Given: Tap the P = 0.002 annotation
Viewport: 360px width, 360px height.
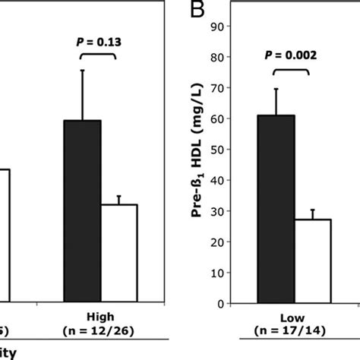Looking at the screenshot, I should click(x=284, y=54).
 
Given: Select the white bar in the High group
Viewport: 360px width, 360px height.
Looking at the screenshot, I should click(x=118, y=254).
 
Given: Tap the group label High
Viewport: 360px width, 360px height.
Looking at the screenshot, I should click(x=101, y=316).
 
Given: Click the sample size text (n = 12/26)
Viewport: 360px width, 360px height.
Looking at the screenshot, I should click(x=101, y=330).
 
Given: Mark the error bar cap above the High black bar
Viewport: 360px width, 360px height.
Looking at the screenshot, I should click(x=82, y=71).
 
